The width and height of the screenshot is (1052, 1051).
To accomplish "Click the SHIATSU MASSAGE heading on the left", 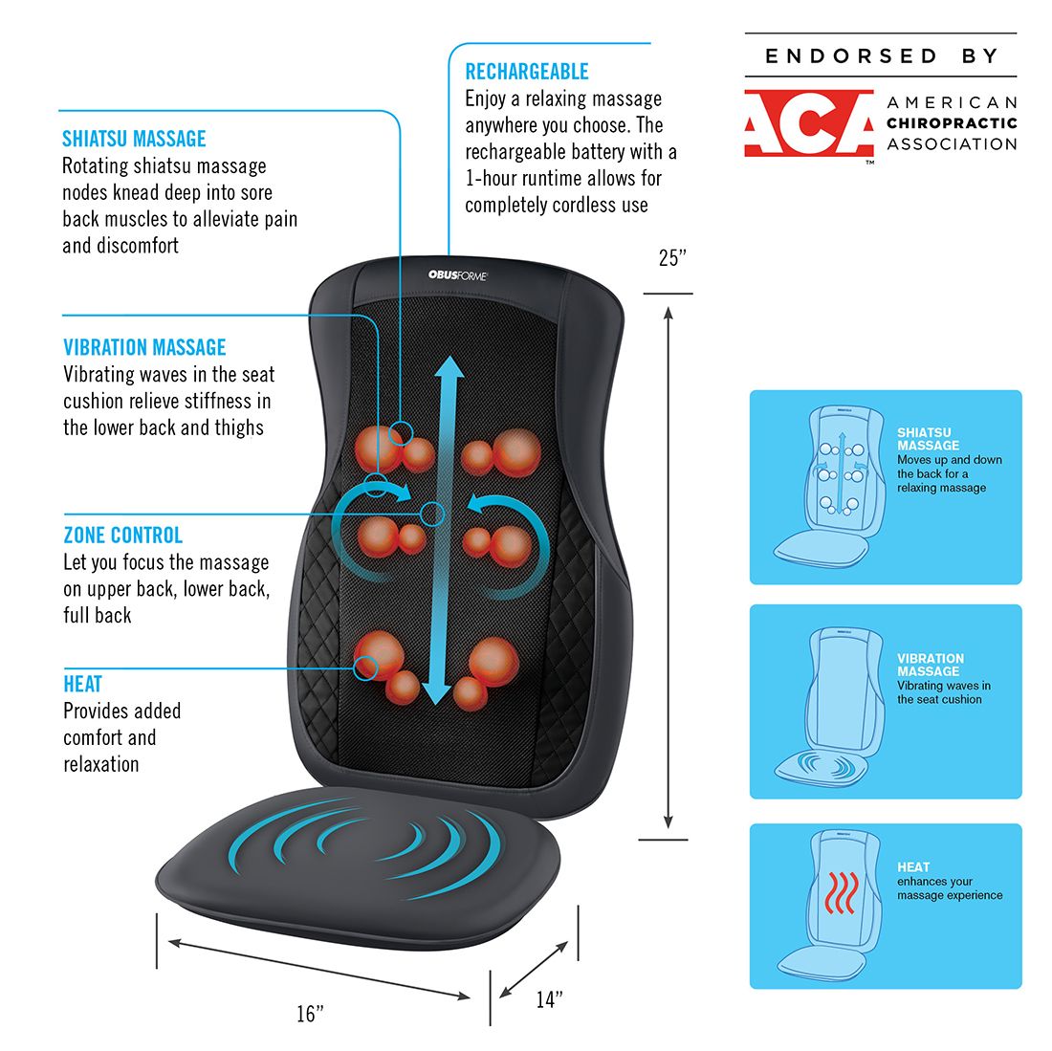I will click(x=134, y=139).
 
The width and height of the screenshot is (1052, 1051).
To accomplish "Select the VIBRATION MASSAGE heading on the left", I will click(x=144, y=347).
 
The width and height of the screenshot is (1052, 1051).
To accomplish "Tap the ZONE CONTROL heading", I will click(x=122, y=535).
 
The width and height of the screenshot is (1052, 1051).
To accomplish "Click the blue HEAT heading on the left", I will click(x=82, y=684).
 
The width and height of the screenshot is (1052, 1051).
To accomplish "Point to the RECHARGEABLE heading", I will click(x=526, y=72).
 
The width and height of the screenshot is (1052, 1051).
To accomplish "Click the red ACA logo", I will click(x=808, y=123).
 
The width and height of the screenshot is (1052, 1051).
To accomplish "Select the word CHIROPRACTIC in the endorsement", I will click(x=952, y=122).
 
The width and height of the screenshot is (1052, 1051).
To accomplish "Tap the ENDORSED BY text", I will click(x=881, y=56).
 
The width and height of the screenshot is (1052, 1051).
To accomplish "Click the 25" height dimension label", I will click(x=672, y=258).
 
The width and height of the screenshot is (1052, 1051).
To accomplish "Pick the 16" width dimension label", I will click(x=310, y=1014).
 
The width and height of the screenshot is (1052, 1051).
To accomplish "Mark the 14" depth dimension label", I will click(x=549, y=999).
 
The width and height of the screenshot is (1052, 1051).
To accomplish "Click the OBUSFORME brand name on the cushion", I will click(x=457, y=275).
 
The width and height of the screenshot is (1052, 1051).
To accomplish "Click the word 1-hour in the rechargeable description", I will click(x=497, y=178).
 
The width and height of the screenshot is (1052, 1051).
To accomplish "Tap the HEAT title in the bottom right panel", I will click(x=913, y=866).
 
